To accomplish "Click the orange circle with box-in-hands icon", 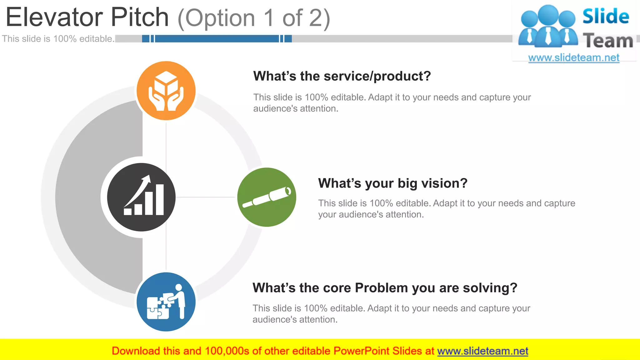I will pos(166,91).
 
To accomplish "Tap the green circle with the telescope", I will pos(267,197).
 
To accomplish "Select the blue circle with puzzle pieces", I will pos(166,302).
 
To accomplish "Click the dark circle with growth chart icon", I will pos(141,197).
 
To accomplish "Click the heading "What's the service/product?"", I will pos(342,76).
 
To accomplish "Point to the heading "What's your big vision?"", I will pos(392,183).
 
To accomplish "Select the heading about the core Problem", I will pos(385,288).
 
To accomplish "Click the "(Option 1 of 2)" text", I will pos(254,18).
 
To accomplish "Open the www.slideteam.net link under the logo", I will pos(574,58).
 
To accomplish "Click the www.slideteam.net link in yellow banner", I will pos(482,351).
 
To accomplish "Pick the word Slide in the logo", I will pos(606,16).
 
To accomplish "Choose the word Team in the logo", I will pos(608,41).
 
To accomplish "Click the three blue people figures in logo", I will pos(548,27).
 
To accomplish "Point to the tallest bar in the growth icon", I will pos(160,200).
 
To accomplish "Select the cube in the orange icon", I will pos(166,83).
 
